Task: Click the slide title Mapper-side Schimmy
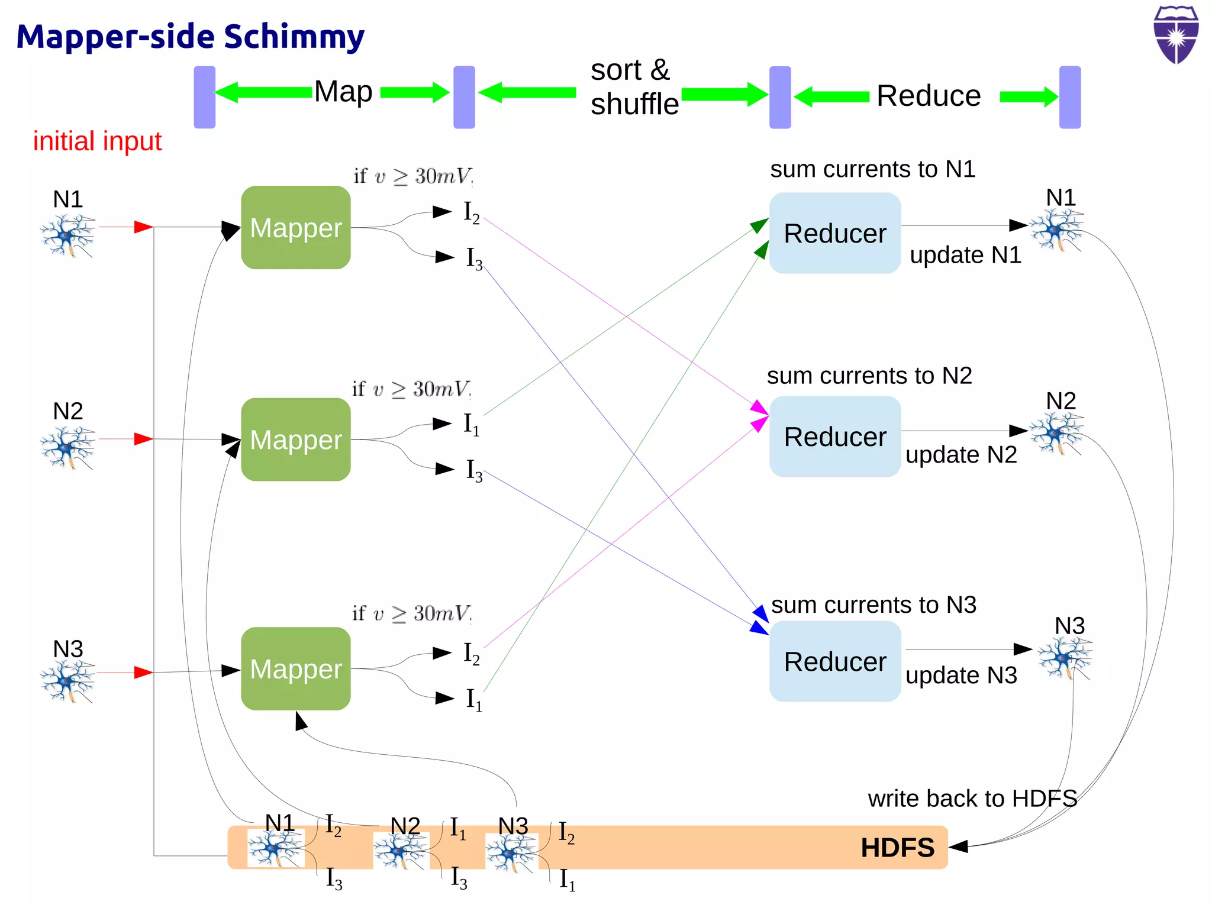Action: (190, 37)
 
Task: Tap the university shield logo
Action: (1176, 34)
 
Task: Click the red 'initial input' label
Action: (97, 141)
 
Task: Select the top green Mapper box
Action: (295, 228)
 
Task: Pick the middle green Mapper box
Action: (295, 440)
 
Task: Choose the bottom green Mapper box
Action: (295, 669)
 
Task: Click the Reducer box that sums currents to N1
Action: (834, 233)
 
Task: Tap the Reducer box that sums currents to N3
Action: (834, 661)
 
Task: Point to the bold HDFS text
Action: (897, 848)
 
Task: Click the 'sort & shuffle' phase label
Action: (633, 87)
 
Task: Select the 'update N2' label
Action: (961, 455)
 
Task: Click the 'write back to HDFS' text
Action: (972, 799)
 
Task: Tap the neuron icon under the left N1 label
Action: (67, 235)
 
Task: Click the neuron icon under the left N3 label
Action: (67, 681)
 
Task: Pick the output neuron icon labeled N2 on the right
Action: (1056, 434)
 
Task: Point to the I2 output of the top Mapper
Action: (471, 212)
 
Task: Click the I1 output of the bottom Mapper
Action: (473, 699)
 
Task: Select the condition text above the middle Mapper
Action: (411, 389)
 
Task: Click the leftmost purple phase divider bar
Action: (205, 97)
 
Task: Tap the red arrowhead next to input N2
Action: (143, 439)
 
